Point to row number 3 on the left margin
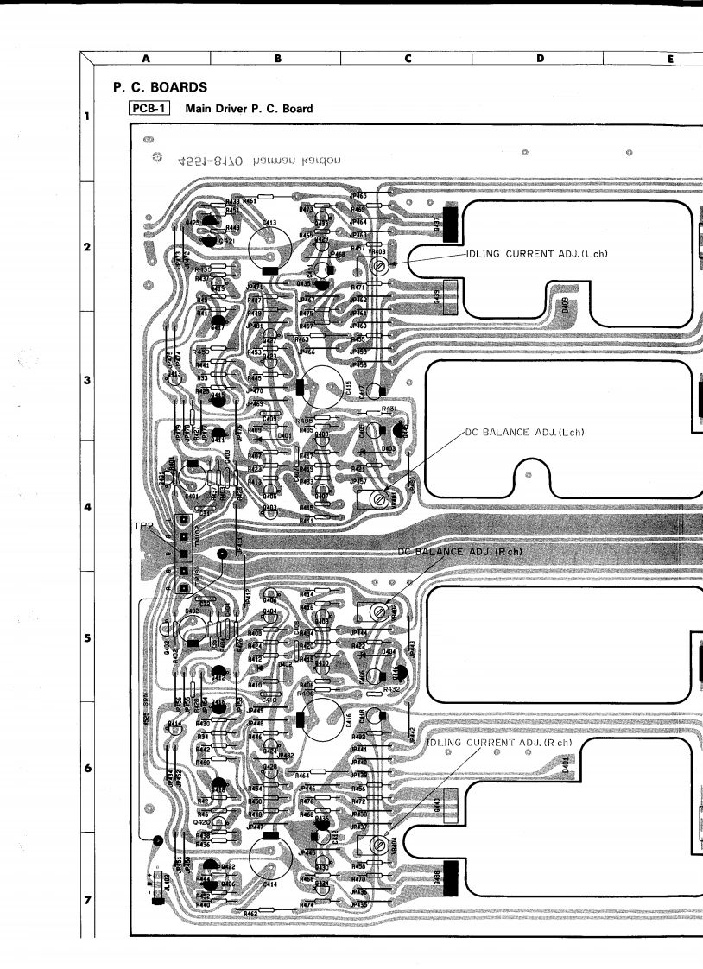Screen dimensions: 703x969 click(x=88, y=378)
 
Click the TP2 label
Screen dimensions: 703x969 click(x=143, y=525)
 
